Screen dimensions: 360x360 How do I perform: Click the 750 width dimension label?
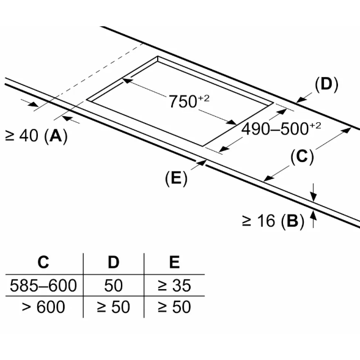click(189, 101)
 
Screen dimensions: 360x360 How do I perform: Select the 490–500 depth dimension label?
click(281, 129)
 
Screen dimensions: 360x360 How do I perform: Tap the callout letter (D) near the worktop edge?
click(326, 84)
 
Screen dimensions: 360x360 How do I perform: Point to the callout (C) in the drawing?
click(302, 157)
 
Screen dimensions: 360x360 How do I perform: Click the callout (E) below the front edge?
click(176, 178)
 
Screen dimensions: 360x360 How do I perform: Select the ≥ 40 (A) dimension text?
click(36, 136)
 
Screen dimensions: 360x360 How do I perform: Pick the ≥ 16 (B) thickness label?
click(273, 221)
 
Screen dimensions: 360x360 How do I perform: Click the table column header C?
click(43, 262)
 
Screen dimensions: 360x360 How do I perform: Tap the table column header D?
click(114, 262)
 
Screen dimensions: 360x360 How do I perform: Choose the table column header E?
click(174, 262)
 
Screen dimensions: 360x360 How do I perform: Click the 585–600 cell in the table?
click(43, 285)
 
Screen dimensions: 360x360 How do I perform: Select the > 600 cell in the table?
click(43, 307)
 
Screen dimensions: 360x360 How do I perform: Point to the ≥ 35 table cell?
click(174, 285)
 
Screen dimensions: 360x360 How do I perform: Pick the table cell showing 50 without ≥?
click(114, 285)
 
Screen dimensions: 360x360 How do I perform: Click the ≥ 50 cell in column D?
click(114, 307)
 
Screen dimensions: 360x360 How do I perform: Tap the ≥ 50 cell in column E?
click(174, 307)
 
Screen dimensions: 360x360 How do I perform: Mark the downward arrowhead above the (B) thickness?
click(314, 197)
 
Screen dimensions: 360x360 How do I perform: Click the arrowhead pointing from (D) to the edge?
click(301, 100)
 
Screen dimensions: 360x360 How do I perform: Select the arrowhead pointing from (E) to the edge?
click(202, 163)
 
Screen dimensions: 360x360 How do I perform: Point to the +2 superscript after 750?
click(204, 98)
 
